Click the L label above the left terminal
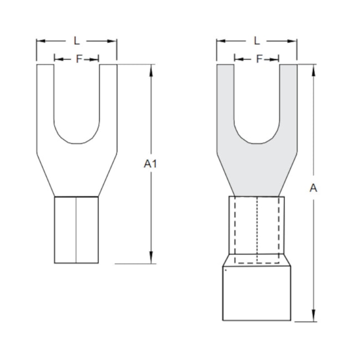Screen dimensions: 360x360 point(76,40)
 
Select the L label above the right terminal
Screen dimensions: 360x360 point(256,40)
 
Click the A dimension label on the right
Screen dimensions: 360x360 point(313,188)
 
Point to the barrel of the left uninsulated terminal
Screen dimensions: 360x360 point(76,230)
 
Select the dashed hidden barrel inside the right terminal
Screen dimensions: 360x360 point(256,230)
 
